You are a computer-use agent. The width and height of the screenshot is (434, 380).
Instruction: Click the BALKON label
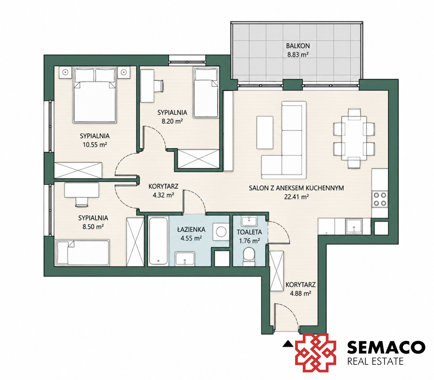click(298, 46)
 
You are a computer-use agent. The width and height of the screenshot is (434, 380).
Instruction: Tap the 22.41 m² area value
click(296, 197)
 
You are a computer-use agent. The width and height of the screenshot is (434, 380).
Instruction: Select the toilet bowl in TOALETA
click(250, 257)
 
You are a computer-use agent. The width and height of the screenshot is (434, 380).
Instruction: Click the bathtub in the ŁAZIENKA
click(158, 241)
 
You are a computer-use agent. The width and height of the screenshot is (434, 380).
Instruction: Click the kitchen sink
click(354, 227)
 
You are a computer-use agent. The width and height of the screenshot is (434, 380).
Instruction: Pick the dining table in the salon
click(354, 138)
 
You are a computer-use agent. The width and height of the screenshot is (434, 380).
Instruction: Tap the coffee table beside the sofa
click(265, 132)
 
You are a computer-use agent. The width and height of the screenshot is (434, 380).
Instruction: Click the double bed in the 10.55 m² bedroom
click(95, 95)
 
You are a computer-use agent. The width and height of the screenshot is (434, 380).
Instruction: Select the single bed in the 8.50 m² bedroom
click(82, 253)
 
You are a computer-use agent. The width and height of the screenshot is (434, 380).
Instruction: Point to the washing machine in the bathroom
click(221, 232)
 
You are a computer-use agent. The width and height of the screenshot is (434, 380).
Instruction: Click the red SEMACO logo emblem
click(316, 352)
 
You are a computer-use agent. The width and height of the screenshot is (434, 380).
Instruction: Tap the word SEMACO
click(386, 347)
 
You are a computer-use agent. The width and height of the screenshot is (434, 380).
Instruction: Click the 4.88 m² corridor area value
click(300, 294)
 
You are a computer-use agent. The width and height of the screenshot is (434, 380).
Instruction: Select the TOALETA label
click(249, 232)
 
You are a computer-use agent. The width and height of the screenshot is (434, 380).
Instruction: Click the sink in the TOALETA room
click(249, 221)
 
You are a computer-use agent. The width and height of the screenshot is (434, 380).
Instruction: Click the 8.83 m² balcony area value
click(298, 55)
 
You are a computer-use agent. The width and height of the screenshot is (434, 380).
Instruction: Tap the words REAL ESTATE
click(375, 361)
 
